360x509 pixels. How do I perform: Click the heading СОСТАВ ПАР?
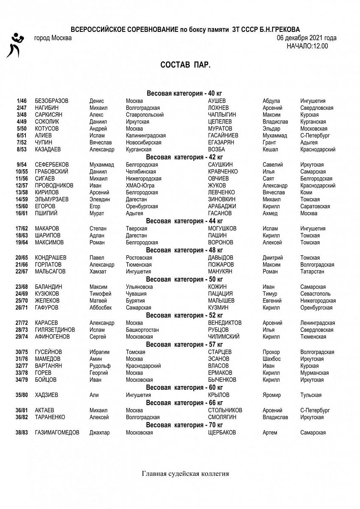[x=185, y=65]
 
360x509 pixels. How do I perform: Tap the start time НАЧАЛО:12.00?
[x=307, y=46]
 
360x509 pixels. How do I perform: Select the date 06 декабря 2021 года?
[x=307, y=38]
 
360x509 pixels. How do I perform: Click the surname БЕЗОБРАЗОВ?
[x=52, y=101]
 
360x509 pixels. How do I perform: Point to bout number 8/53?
[x=21, y=149]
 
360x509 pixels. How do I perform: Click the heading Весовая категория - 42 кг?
[x=184, y=157]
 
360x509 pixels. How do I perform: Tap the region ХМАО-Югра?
[x=140, y=185]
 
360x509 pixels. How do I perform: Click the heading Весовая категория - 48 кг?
[x=184, y=250]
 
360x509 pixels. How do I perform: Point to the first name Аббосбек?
[x=102, y=308]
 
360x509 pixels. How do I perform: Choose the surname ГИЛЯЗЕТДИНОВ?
[x=55, y=330]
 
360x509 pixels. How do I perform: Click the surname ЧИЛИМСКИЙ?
[x=224, y=337]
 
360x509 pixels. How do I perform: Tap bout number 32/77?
[x=22, y=366]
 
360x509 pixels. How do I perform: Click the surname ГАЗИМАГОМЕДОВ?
[x=57, y=433]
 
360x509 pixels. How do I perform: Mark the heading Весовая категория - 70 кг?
[x=184, y=425]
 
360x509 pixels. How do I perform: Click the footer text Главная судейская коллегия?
[x=185, y=474]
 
